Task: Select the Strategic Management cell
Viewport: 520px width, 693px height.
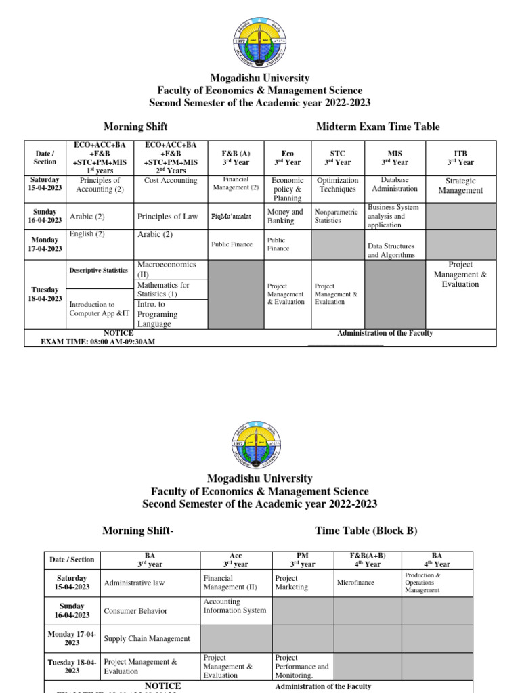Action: click(x=460, y=185)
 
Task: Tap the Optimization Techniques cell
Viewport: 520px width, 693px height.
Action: click(x=338, y=185)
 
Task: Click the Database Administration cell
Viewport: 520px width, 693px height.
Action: click(x=395, y=184)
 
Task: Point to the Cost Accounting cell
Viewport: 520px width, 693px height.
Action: click(x=171, y=181)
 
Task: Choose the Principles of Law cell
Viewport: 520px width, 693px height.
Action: click(x=168, y=217)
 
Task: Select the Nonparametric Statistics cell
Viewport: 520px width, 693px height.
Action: click(x=337, y=216)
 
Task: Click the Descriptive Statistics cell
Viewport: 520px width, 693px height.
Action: click(x=99, y=271)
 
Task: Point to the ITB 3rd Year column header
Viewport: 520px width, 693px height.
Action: click(x=460, y=158)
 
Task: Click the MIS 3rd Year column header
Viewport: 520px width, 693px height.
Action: click(x=395, y=158)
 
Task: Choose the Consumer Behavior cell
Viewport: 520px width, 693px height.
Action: click(x=135, y=611)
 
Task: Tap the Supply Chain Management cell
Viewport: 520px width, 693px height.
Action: click(x=147, y=638)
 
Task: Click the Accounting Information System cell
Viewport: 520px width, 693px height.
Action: click(x=235, y=606)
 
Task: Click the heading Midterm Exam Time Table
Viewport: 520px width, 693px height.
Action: click(x=378, y=127)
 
